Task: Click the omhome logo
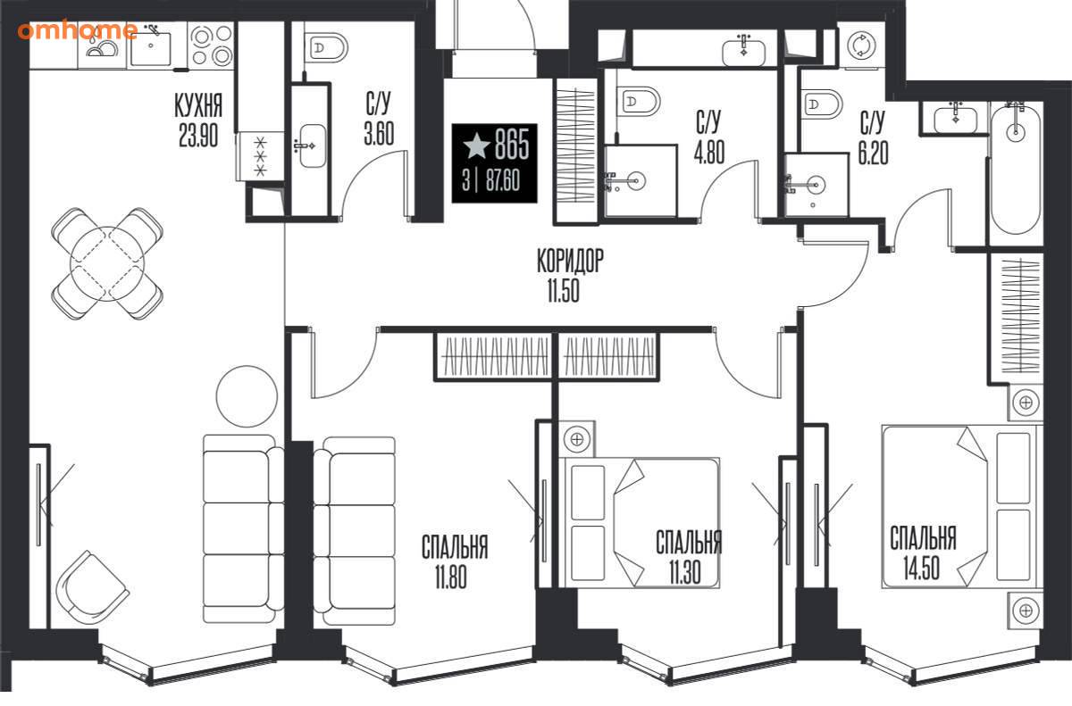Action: click(x=78, y=30)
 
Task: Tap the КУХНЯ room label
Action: click(x=198, y=105)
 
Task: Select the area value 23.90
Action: click(x=198, y=135)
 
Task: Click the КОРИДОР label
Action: click(x=570, y=261)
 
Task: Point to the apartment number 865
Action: click(x=512, y=145)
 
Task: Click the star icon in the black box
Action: click(x=477, y=145)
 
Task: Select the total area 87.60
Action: click(x=502, y=182)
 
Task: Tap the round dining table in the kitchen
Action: click(x=107, y=263)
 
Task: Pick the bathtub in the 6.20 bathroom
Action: click(x=1016, y=169)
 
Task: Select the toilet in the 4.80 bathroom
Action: click(x=639, y=102)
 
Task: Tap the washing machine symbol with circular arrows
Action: click(x=861, y=46)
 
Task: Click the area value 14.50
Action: click(x=922, y=568)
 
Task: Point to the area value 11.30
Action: click(x=685, y=572)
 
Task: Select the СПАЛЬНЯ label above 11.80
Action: click(x=455, y=547)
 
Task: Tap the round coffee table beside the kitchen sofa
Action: click(x=247, y=396)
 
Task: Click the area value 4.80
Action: click(x=709, y=152)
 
